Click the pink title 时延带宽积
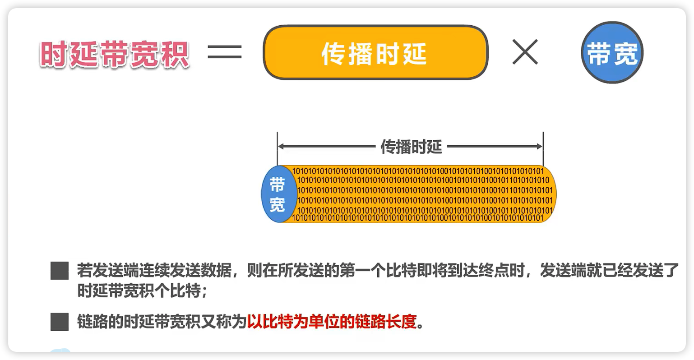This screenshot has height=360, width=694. [115, 55]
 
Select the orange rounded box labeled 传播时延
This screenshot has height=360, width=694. [375, 53]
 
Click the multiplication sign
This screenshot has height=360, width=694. [525, 51]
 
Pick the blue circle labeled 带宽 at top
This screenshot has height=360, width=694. [612, 53]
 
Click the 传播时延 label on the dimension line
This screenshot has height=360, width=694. [411, 147]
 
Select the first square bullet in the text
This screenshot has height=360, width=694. [59, 271]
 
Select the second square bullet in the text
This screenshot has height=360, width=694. [59, 322]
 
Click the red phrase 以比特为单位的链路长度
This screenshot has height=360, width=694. [331, 322]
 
